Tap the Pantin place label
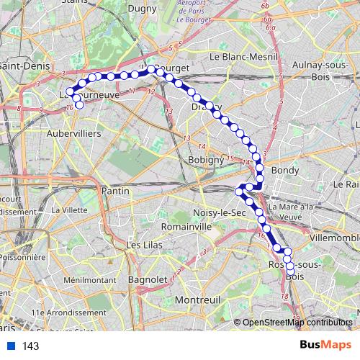pyautogui.click(x=116, y=191)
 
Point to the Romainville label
pyautogui.click(x=186, y=226)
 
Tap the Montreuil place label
pyautogui.click(x=202, y=299)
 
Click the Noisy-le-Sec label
pyautogui.click(x=219, y=213)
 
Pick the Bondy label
pyautogui.click(x=286, y=171)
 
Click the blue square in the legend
pyautogui.click(x=10, y=346)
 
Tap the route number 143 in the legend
pyautogui.click(x=31, y=346)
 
